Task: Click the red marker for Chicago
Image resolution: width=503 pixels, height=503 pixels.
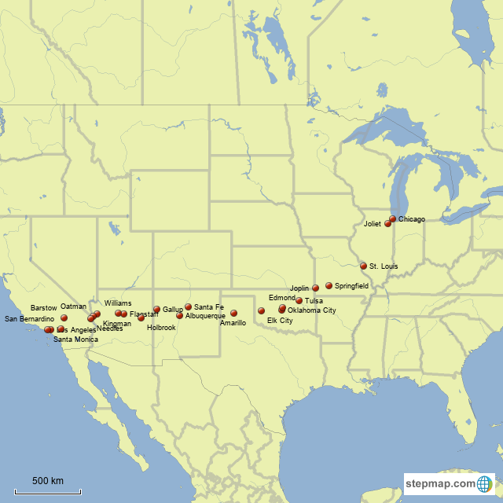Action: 393,219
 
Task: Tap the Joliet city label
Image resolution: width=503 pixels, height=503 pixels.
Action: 372,224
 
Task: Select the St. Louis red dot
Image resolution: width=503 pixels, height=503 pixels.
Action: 363,266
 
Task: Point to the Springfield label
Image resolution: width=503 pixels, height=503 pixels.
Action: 351,286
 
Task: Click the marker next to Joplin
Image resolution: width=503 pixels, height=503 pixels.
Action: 315,288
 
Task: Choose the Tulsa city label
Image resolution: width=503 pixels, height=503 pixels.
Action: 314,301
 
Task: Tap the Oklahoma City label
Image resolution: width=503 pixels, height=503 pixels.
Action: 312,310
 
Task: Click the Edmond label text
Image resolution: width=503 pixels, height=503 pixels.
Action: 281,299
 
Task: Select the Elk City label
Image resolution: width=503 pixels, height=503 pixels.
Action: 280,321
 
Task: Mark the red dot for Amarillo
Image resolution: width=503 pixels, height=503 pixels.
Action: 233,313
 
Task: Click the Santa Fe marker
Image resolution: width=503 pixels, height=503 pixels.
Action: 188,307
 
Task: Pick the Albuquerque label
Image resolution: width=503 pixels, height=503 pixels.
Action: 205,316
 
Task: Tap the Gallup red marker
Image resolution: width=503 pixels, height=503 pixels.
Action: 156,310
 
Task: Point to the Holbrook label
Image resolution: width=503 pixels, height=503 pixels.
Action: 161,328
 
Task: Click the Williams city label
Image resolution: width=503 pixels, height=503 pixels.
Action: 118,303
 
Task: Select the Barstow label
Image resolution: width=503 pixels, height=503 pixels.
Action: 44,307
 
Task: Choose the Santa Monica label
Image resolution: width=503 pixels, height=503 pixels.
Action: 75,340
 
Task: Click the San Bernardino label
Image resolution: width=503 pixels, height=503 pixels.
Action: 30,319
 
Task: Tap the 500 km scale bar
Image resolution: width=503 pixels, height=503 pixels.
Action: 48,491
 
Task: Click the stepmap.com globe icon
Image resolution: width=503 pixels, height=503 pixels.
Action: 485,483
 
